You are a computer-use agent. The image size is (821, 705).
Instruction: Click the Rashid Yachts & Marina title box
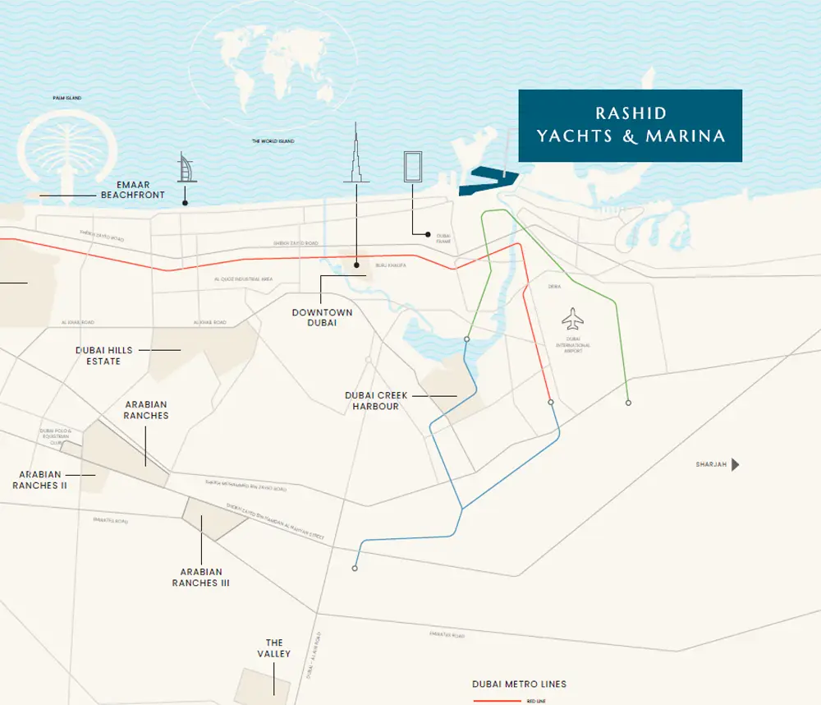coord(630,126)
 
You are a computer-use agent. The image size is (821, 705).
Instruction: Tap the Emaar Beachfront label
coord(132,190)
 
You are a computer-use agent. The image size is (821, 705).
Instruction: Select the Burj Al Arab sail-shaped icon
coord(184,168)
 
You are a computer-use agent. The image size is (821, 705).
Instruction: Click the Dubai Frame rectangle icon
coord(412,166)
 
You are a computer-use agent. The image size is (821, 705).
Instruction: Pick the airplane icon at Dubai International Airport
coord(572,317)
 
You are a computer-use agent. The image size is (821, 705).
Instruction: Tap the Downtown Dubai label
coord(323,318)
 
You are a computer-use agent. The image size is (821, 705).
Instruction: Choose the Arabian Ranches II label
coord(39,480)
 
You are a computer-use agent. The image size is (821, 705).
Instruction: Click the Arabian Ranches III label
coord(200,578)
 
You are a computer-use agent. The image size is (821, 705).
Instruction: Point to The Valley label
coord(274,648)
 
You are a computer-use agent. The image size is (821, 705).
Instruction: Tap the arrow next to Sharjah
coord(736,465)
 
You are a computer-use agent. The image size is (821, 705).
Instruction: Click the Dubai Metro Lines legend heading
coord(519,684)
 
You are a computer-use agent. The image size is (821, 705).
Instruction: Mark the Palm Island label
coord(67,98)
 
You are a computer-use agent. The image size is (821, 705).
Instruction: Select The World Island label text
coord(273,141)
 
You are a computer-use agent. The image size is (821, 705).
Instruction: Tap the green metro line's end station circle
coord(628,403)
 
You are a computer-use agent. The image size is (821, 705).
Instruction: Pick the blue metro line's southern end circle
coord(355,568)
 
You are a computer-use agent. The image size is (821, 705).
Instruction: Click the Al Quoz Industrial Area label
coord(243,280)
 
